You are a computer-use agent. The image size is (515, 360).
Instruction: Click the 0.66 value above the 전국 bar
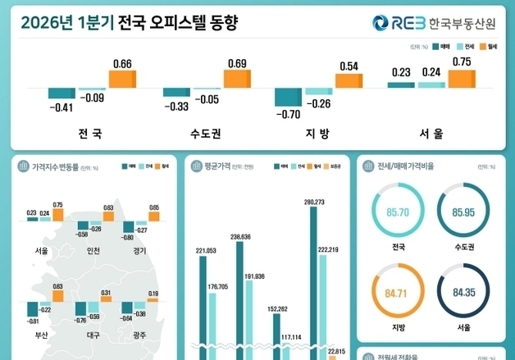121,63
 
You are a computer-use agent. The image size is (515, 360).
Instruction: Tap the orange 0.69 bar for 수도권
237,79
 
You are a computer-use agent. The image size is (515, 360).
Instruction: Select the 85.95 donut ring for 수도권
463,212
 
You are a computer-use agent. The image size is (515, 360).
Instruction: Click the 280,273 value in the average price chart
314,202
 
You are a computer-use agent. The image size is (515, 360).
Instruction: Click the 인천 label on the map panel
92,251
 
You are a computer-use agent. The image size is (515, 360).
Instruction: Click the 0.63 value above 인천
108,208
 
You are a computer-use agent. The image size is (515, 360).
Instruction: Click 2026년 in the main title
46,23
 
